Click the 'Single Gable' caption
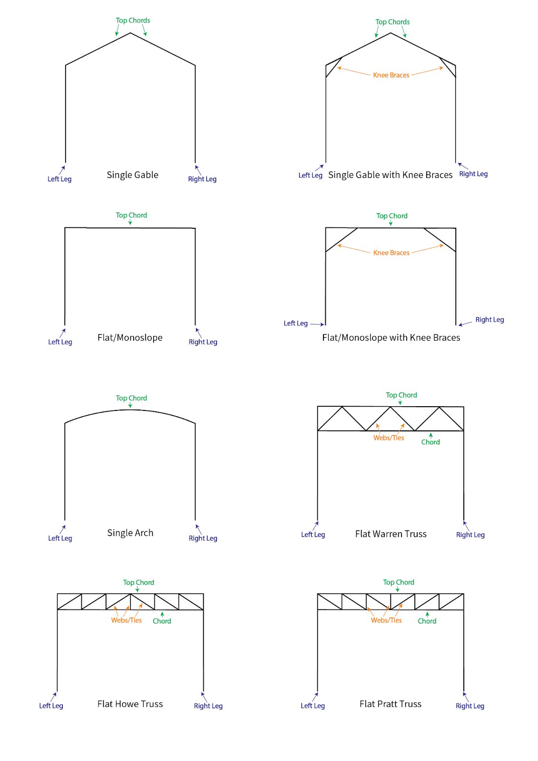point(132,175)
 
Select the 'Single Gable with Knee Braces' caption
point(390,175)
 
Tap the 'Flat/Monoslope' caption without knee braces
point(130,337)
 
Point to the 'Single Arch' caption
point(130,533)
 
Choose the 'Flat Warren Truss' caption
point(391,534)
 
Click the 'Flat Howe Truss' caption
point(130,703)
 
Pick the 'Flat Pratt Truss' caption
point(390,703)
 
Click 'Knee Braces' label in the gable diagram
point(391,75)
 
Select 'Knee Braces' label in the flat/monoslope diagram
point(391,253)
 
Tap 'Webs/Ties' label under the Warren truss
point(389,438)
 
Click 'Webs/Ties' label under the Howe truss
point(127,620)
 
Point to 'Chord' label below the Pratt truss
point(427,621)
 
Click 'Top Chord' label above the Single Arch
point(131,398)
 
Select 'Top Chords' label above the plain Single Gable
point(133,20)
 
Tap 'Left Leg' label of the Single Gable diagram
point(59,179)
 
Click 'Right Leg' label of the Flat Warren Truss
point(470,535)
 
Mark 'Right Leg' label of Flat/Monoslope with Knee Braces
point(489,320)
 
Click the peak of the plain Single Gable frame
point(130,33)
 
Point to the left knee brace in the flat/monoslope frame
point(342,240)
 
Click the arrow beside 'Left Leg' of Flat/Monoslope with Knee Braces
point(317,324)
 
